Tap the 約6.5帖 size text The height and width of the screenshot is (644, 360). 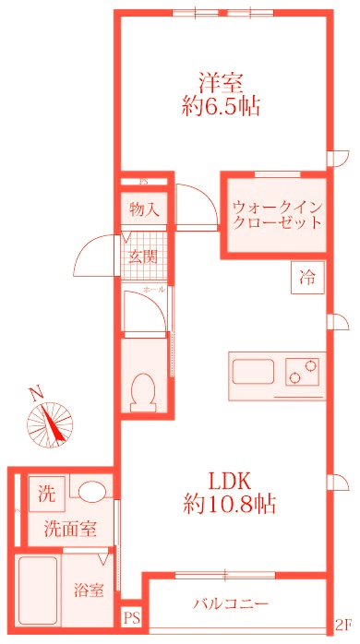coord(221,106)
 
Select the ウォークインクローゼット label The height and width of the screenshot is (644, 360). coord(277,214)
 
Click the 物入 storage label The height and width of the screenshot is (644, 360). coord(144,209)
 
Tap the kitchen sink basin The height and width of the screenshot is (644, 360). coord(254,374)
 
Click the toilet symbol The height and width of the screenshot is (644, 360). coord(144,393)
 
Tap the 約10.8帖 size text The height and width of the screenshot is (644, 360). coord(230,505)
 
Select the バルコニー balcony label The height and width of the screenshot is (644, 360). coord(231,604)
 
